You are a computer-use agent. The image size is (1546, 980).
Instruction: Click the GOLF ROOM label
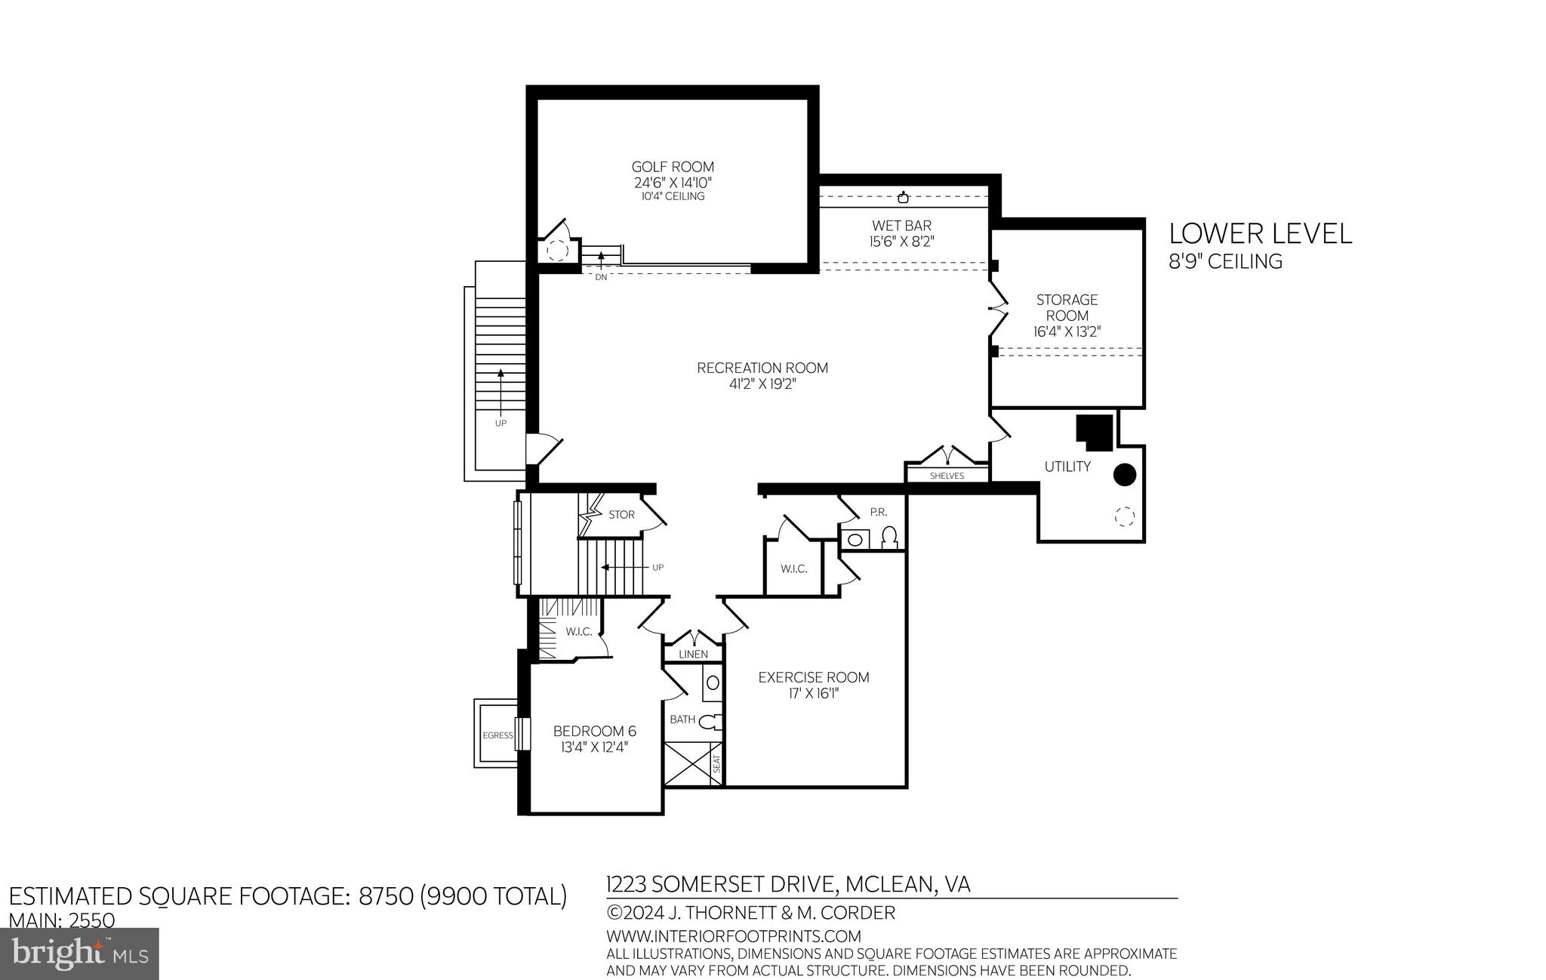tap(672, 167)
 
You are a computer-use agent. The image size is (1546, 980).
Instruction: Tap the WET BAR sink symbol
tap(903, 198)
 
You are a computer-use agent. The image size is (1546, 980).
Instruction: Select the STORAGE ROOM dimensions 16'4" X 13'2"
tap(1067, 331)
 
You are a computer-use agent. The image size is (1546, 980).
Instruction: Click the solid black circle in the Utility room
tap(1125, 474)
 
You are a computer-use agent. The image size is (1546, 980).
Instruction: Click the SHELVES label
tap(947, 476)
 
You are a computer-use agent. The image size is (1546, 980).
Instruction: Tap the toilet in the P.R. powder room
tap(889, 537)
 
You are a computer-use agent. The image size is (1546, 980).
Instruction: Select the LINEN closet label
tap(693, 654)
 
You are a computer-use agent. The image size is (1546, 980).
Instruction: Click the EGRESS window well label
tap(497, 735)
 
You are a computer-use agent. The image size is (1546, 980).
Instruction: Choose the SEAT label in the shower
tap(716, 763)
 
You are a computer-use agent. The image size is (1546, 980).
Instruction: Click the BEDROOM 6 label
tap(594, 731)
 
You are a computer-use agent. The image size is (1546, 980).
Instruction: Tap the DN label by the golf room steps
tap(601, 277)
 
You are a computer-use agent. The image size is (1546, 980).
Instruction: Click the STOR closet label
tap(621, 514)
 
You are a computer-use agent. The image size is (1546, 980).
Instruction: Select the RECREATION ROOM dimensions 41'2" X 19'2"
tap(762, 384)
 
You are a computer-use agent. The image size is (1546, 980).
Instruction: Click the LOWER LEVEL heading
tap(1260, 233)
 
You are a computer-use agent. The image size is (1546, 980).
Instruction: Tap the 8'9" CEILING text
tap(1225, 261)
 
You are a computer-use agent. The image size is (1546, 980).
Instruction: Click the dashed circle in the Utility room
tap(1124, 516)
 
